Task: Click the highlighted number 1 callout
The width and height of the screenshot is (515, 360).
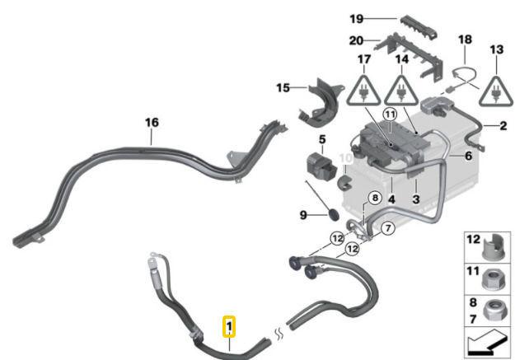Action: point(230,327)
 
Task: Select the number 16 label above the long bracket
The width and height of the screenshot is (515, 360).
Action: point(152,123)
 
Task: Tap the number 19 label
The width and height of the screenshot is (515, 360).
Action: point(356,17)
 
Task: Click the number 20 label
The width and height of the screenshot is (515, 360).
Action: point(356,40)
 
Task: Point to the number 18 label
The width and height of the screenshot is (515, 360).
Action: point(466,39)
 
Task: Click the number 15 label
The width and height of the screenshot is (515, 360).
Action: point(283,86)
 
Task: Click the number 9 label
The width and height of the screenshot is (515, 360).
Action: point(303,215)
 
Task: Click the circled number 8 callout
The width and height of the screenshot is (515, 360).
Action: point(374,198)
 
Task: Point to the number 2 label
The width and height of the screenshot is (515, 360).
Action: point(502,125)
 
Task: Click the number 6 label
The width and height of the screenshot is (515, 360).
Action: point(467,156)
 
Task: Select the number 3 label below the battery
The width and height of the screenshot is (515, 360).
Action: point(417,199)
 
